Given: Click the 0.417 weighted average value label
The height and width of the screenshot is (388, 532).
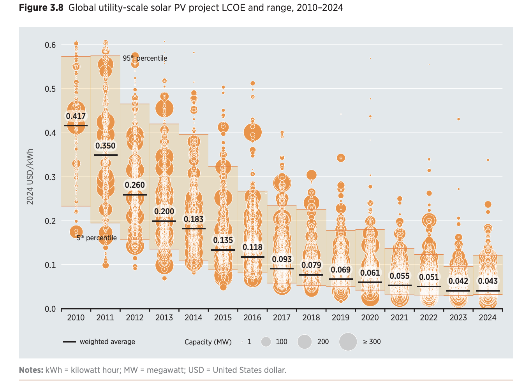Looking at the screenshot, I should point(76,116).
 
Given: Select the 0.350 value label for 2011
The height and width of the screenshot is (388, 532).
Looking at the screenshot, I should point(106,146).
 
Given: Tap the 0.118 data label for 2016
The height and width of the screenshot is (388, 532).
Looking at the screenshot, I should point(252,247).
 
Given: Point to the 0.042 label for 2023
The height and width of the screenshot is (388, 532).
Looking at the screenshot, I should point(458,281).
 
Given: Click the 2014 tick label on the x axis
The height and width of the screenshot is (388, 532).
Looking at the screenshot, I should point(194,318).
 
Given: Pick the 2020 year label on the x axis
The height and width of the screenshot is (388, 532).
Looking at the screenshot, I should point(370,318).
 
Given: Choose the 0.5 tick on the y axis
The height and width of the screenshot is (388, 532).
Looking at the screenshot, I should point(50,89).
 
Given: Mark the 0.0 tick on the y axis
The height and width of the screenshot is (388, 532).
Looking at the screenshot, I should point(50,309).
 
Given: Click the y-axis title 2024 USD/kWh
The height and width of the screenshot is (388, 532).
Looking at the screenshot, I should point(30,177).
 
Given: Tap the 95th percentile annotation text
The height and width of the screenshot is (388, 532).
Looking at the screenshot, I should point(145,58).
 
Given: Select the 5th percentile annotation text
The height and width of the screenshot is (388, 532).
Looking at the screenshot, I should point(97,238).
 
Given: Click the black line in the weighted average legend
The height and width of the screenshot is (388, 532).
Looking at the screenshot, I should point(69,342).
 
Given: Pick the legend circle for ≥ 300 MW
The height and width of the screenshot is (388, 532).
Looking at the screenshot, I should point(348,342).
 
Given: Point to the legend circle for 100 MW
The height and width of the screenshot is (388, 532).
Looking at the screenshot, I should point(266,342).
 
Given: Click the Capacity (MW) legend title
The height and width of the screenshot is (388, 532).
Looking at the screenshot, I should point(208,342).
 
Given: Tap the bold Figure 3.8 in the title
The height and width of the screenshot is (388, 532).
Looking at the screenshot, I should point(41,8).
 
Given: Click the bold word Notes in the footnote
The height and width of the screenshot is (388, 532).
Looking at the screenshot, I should point(31,370).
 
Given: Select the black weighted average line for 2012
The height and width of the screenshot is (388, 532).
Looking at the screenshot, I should point(135,195).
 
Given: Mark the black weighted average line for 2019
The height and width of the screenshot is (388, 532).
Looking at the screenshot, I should point(341,279).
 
